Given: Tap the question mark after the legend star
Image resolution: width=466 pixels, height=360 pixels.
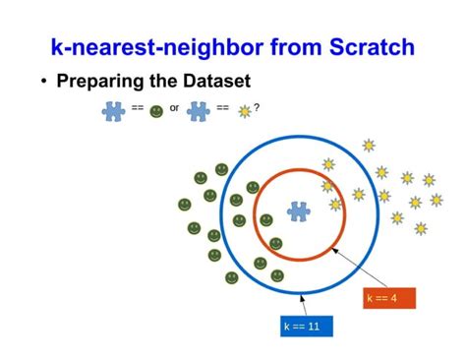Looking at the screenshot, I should pyautogui.click(x=257, y=107).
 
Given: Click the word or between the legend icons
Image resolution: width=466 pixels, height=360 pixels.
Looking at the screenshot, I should pyautogui.click(x=174, y=108).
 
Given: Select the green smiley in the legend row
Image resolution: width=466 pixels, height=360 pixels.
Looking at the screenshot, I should pyautogui.click(x=156, y=111).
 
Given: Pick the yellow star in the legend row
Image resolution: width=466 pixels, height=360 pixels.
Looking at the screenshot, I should pyautogui.click(x=244, y=111).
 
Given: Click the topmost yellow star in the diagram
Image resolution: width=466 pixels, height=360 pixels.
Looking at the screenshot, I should pyautogui.click(x=369, y=146).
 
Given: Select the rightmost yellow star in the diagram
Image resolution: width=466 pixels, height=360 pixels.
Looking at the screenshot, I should pyautogui.click(x=437, y=199).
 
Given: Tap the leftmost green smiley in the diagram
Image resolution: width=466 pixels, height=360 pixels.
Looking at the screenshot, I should pyautogui.click(x=184, y=204).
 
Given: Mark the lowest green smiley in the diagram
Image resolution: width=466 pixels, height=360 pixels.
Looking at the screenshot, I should pyautogui.click(x=230, y=279).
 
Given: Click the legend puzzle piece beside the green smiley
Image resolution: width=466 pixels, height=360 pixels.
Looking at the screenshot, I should pyautogui.click(x=113, y=110).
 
